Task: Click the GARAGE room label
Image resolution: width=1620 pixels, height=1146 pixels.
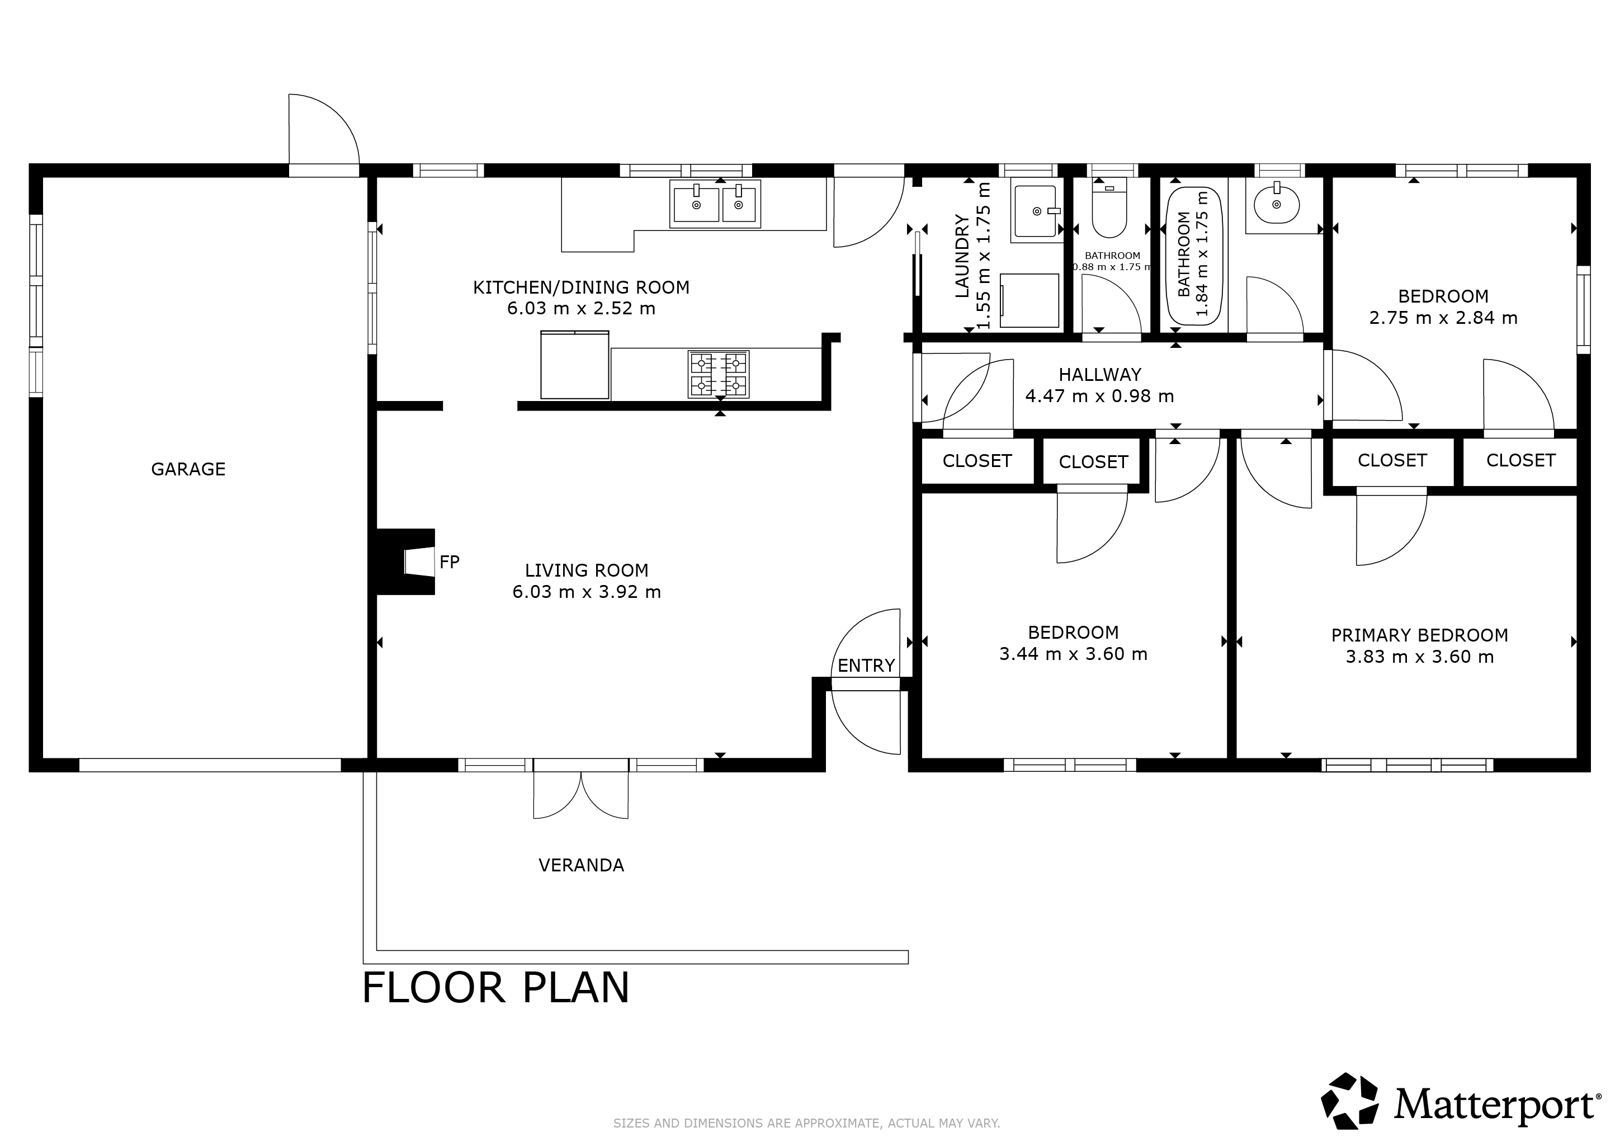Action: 188,469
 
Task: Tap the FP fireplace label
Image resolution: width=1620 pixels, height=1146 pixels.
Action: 450,562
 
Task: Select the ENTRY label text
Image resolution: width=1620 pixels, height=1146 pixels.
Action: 866,666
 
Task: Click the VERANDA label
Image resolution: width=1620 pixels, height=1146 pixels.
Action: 582,865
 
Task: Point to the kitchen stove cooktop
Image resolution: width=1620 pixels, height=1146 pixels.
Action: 718,374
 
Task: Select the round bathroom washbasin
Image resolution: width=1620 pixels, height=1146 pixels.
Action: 1277,205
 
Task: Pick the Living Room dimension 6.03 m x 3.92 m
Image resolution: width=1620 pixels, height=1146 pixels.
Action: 587,592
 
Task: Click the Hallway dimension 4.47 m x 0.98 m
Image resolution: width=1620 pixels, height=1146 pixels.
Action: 1099,397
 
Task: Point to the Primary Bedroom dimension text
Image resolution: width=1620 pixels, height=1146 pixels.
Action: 1420,657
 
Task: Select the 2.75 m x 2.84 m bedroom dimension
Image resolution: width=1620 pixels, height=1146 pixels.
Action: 1443,318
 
